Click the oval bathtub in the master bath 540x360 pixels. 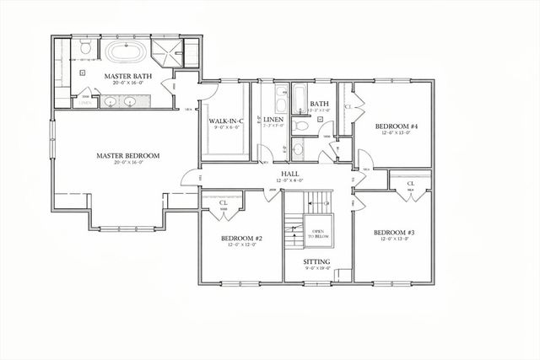126,52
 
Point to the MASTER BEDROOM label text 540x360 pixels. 127,155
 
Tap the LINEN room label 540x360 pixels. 273,121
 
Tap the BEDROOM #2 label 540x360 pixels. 242,239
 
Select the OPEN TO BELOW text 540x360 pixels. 318,234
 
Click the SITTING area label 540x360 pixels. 316,261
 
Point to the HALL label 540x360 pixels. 290,173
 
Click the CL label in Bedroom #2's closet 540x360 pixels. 224,202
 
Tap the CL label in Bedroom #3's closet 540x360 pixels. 411,184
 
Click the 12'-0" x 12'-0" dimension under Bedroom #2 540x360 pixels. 242,247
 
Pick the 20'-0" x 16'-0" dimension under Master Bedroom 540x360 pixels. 127,164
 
